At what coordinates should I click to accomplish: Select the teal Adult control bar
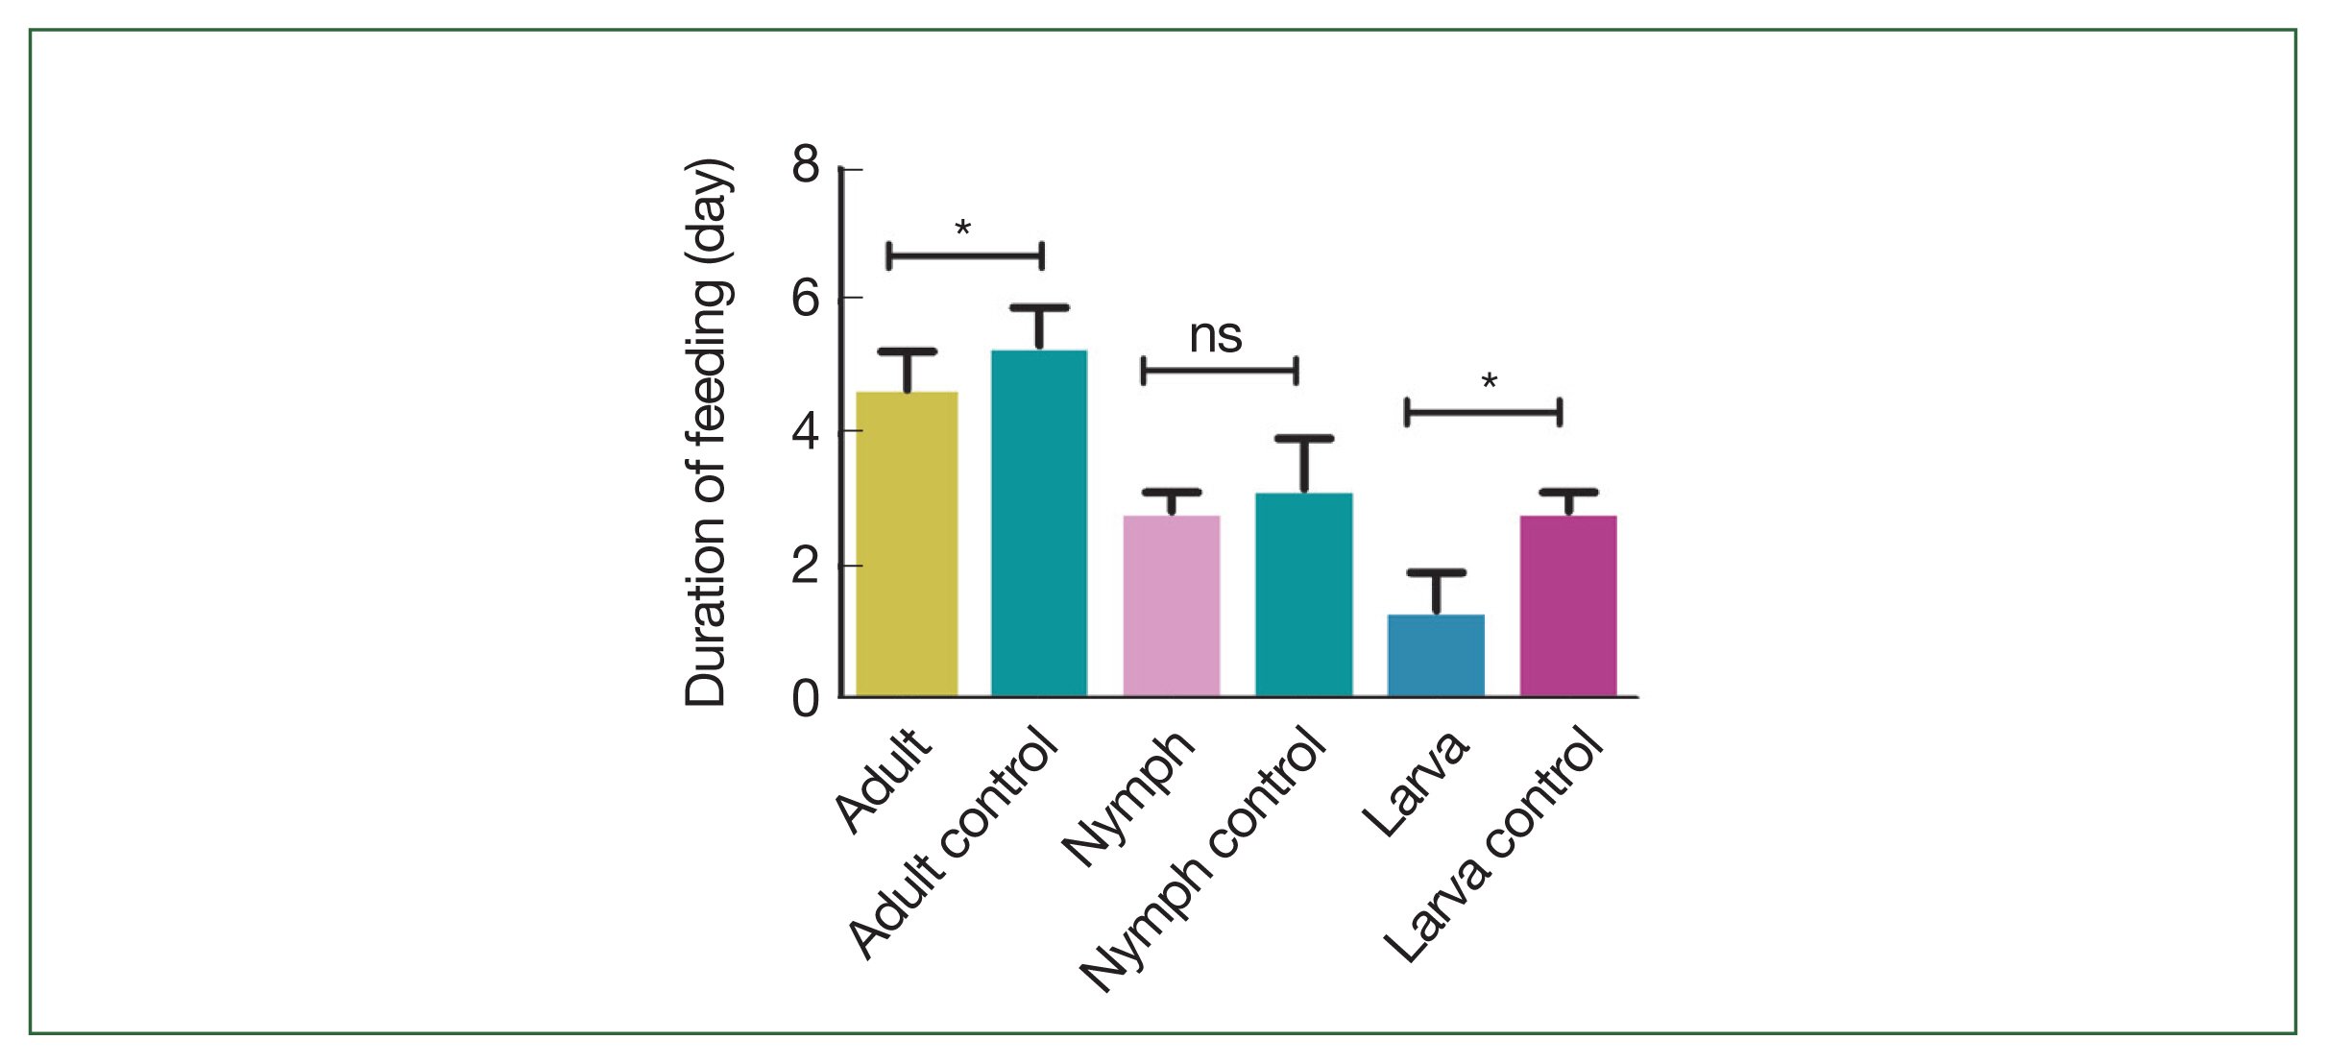(x=1039, y=523)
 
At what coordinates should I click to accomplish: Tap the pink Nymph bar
(x=1172, y=606)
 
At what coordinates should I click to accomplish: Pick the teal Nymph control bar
(x=1303, y=594)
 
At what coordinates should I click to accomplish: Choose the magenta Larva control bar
(x=1568, y=606)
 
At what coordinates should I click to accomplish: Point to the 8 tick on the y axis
(x=806, y=165)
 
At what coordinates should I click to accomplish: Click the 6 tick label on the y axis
(x=806, y=299)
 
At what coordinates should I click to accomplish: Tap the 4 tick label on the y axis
(x=806, y=432)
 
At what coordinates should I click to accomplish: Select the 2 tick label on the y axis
(x=806, y=567)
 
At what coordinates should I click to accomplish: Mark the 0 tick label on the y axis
(x=806, y=699)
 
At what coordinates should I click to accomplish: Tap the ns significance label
(x=1216, y=336)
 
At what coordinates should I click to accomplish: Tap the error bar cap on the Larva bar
(x=1436, y=573)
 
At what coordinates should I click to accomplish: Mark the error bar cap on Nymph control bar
(x=1304, y=439)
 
